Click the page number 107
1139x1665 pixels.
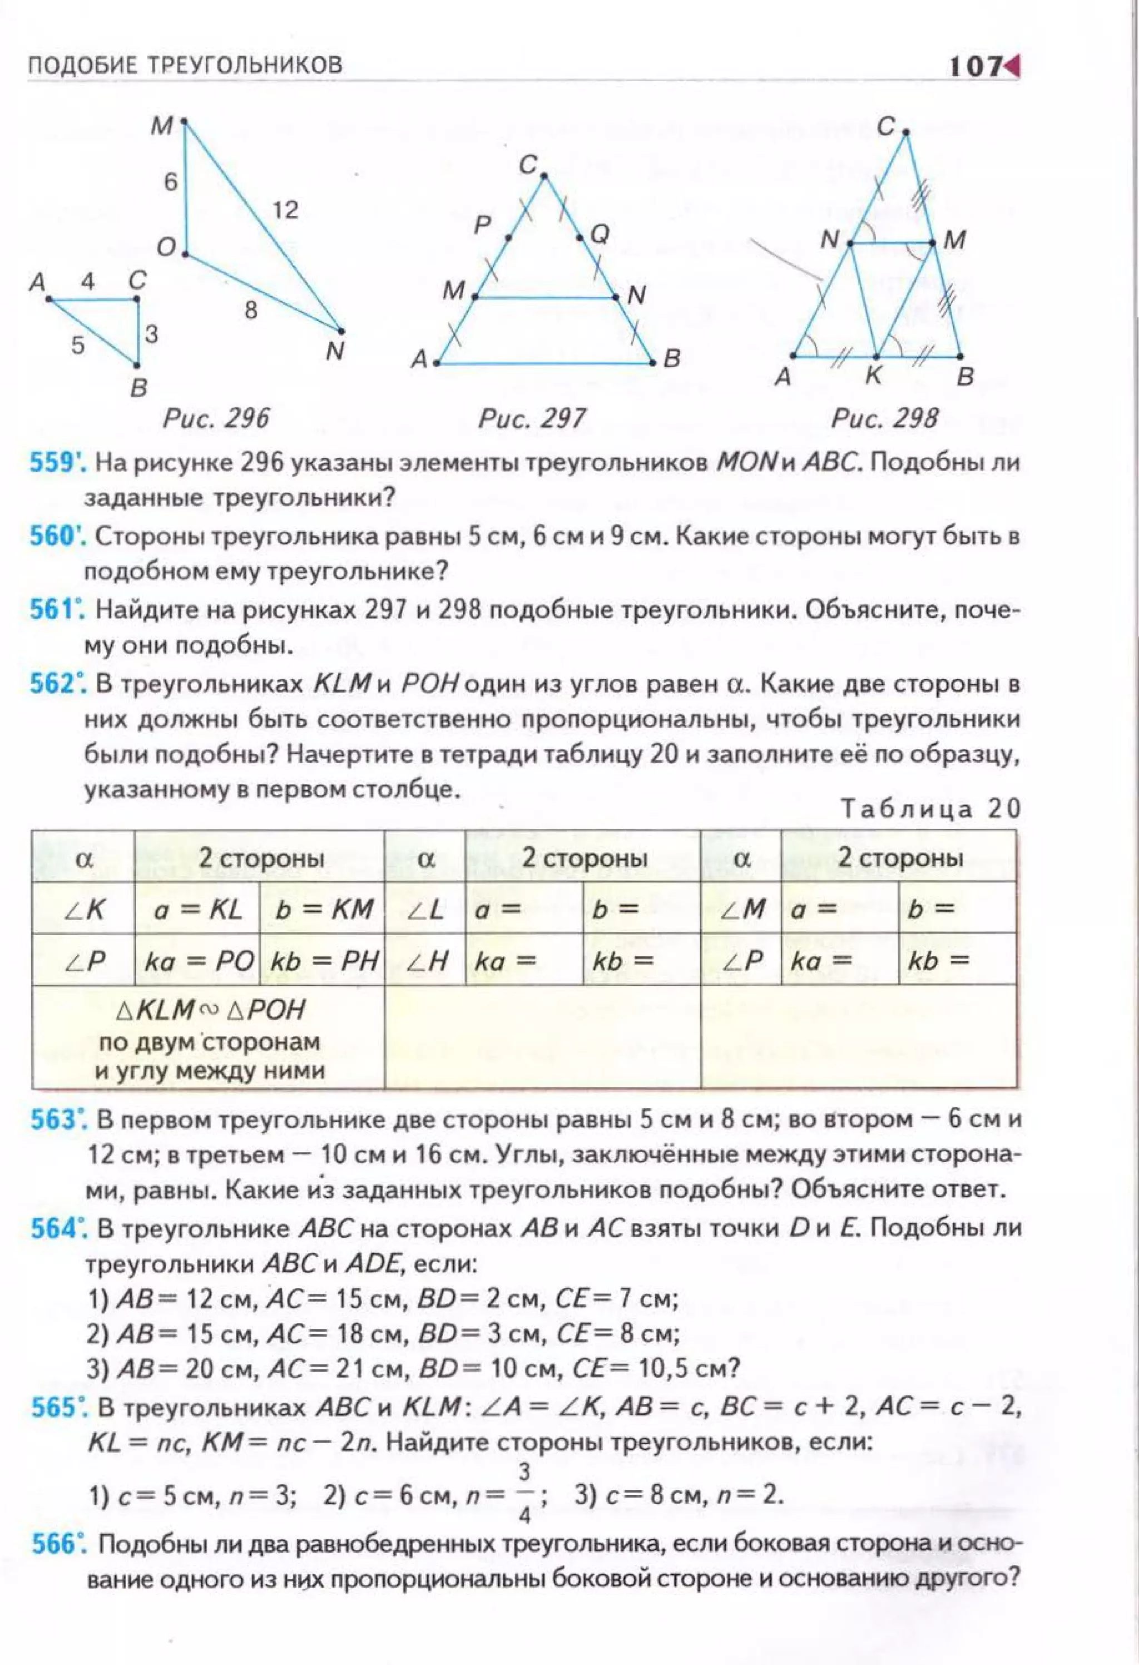point(975,67)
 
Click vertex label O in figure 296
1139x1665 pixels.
point(166,248)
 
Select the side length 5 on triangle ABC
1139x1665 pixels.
point(78,345)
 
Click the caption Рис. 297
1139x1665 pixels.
point(532,418)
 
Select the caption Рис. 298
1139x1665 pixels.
point(884,418)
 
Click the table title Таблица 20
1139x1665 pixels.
point(930,808)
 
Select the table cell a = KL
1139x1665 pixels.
point(197,909)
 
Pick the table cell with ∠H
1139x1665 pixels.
point(425,961)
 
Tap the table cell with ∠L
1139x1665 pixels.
point(425,909)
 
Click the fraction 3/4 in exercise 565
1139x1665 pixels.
point(524,1494)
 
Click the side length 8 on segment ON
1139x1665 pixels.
point(250,310)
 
